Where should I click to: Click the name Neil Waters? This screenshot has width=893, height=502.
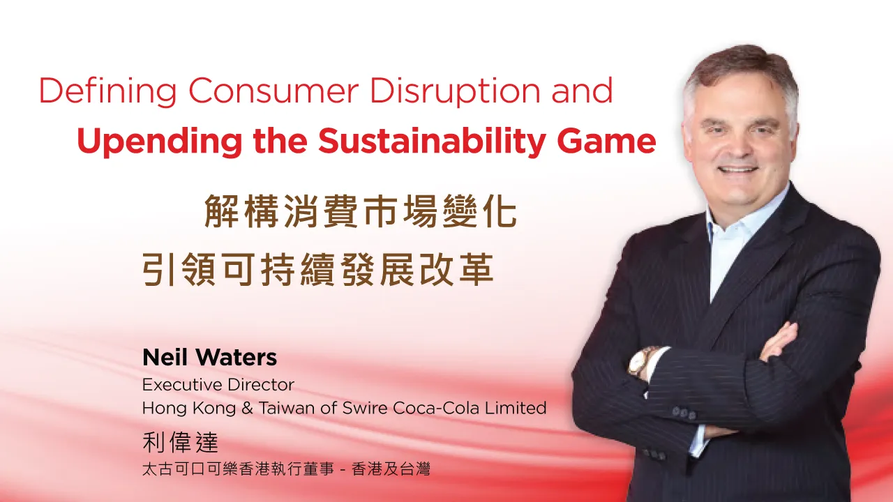(209, 358)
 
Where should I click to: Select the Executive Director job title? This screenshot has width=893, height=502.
(218, 385)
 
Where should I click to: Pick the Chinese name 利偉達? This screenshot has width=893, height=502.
(181, 442)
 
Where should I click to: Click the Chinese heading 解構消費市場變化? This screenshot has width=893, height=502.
(360, 212)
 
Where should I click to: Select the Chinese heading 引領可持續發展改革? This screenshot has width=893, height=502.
(318, 271)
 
